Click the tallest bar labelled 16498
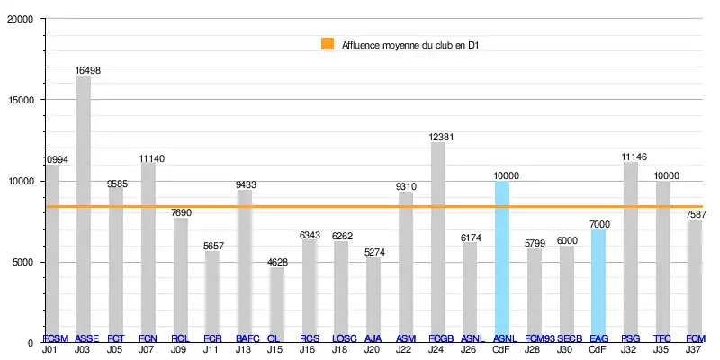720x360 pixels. click(84, 207)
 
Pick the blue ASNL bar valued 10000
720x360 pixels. click(502, 261)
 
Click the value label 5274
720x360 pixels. click(373, 252)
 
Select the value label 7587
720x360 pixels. click(695, 214)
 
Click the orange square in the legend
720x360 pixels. click(328, 44)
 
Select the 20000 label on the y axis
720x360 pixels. click(20, 19)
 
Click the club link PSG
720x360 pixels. click(631, 338)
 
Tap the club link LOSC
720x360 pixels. click(345, 338)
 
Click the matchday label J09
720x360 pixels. click(180, 348)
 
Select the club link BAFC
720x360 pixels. click(247, 338)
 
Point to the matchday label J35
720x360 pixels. click(662, 348)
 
